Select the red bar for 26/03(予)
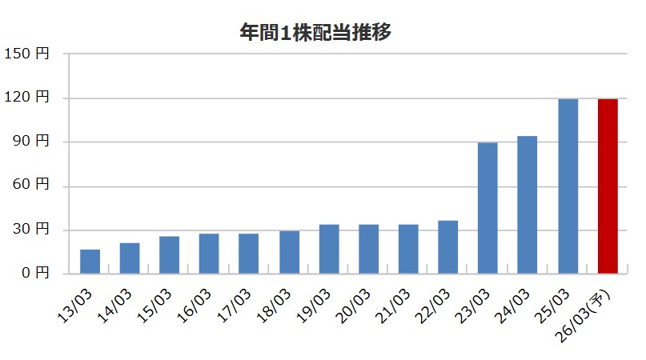(608, 186)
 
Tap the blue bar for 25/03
(568, 186)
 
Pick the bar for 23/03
(488, 208)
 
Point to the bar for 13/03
(90, 262)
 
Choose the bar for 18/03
(289, 252)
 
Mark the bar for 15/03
(170, 255)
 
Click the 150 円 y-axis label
(26, 54)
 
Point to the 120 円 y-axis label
(26, 98)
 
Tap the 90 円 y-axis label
(30, 142)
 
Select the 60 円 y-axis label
(30, 186)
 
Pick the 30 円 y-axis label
(30, 230)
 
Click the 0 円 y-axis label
(34, 274)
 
